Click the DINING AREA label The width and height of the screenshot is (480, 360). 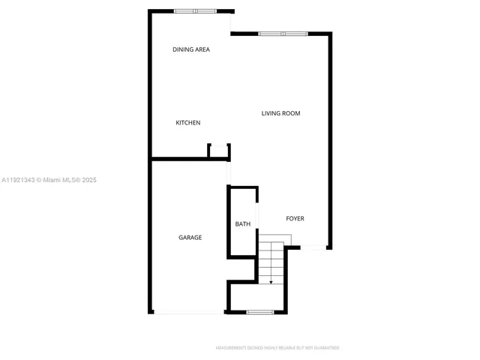[191, 49]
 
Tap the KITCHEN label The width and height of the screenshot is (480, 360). [188, 123]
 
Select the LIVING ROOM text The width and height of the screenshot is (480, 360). [280, 114]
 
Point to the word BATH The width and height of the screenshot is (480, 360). [243, 224]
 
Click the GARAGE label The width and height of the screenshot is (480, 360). [190, 238]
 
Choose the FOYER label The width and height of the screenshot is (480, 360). [295, 219]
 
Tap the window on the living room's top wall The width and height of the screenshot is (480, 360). [283, 33]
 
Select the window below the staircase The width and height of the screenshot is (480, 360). [259, 311]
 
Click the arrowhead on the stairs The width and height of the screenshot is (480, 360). [271, 281]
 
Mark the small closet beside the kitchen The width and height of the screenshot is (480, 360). [219, 151]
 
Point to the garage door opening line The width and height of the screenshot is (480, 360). [188, 313]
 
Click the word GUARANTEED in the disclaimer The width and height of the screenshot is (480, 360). [325, 348]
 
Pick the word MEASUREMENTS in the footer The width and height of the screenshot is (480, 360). [232, 348]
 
